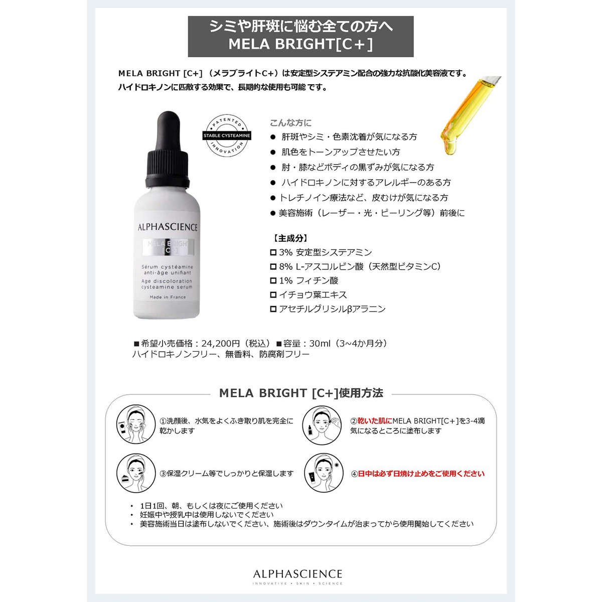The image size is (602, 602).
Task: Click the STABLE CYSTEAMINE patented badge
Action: pyautogui.click(x=227, y=135)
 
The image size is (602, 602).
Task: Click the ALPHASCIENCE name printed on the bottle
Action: pyautogui.click(x=168, y=227)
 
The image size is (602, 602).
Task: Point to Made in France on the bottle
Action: pyautogui.click(x=168, y=297)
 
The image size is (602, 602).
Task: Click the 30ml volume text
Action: pyautogui.click(x=320, y=344)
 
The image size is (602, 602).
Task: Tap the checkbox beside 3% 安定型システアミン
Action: pyautogui.click(x=273, y=252)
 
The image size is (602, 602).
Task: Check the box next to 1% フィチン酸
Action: pyautogui.click(x=273, y=280)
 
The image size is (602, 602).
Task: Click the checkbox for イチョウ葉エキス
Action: pyautogui.click(x=273, y=295)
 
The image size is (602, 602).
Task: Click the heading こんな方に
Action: pyautogui.click(x=290, y=123)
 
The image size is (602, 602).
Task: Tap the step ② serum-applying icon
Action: pyautogui.click(x=322, y=425)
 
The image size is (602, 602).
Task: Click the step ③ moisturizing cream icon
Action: pyautogui.click(x=133, y=473)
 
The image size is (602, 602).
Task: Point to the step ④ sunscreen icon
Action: pyautogui.click(x=324, y=473)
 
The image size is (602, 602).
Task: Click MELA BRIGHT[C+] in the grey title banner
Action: pyautogui.click(x=300, y=44)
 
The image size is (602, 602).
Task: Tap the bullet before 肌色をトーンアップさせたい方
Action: pyautogui.click(x=273, y=152)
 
